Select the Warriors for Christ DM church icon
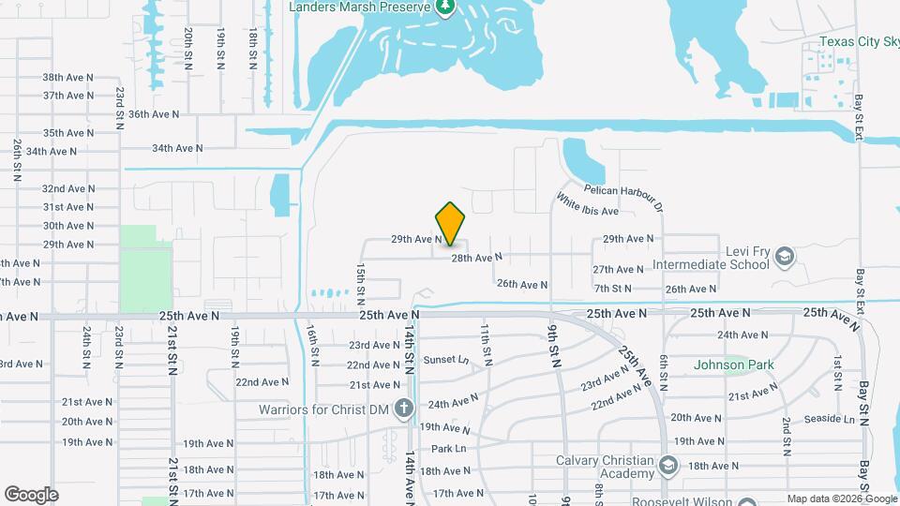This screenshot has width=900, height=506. [403, 409]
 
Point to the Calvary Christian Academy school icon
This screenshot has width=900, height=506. [668, 465]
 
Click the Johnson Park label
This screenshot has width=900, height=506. [733, 365]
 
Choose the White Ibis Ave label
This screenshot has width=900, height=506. [587, 205]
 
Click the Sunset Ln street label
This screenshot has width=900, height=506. [445, 360]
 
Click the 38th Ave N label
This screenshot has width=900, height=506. [67, 77]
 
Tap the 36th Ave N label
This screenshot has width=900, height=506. [153, 114]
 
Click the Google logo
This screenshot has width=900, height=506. [31, 494]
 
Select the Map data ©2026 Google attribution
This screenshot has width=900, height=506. [840, 499]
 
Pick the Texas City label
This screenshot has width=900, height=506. [859, 41]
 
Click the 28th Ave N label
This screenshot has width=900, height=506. [476, 257]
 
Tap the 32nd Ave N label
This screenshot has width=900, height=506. [67, 188]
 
